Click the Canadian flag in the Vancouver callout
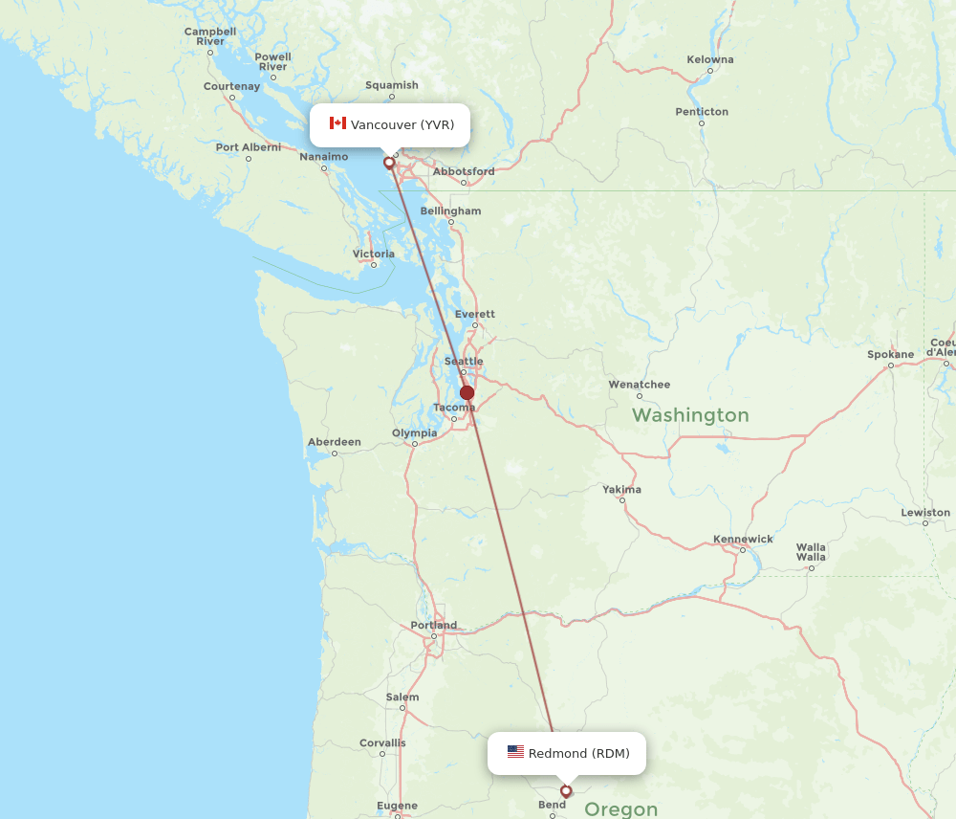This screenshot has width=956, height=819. [337, 123]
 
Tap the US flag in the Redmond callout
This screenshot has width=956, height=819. [515, 752]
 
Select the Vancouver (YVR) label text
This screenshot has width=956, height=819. [402, 124]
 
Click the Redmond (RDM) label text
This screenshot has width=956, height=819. [578, 753]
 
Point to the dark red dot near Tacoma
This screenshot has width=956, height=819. [467, 392]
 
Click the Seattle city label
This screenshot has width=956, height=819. [465, 361]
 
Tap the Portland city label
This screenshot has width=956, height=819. [434, 626]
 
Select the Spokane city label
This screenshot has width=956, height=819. [890, 354]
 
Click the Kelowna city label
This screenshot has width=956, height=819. [710, 59]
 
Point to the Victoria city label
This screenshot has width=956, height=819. [373, 254]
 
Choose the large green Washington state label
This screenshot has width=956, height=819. [690, 415]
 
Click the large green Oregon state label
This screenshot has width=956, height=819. [620, 809]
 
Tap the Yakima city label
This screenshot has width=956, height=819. [621, 489]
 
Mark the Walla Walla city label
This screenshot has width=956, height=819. [811, 552]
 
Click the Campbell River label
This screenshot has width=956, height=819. [210, 36]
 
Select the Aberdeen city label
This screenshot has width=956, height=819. [334, 442]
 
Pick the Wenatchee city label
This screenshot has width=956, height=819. [640, 384]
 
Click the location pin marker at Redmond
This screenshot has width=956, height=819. [566, 791]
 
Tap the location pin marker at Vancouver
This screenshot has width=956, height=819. [389, 163]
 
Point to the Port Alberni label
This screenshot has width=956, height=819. [249, 147]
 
